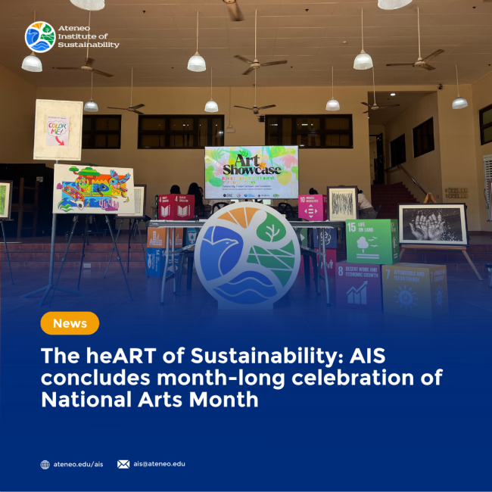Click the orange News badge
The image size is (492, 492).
[70, 323]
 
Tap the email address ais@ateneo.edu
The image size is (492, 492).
[159, 464]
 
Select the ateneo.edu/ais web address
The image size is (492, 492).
[78, 464]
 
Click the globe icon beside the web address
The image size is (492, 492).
[45, 465]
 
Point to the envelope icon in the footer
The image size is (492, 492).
[123, 464]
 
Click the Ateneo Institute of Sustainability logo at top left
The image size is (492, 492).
[39, 36]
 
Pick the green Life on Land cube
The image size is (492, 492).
[370, 241]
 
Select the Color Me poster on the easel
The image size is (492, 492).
[58, 129]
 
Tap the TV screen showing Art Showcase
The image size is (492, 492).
[251, 173]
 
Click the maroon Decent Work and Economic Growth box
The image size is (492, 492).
[358, 285]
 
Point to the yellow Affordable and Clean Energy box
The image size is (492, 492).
[415, 288]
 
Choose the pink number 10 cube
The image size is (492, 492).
[311, 207]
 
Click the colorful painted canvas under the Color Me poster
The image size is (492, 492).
[93, 188]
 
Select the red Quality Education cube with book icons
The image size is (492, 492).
[175, 206]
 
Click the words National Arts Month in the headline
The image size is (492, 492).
[150, 399]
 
